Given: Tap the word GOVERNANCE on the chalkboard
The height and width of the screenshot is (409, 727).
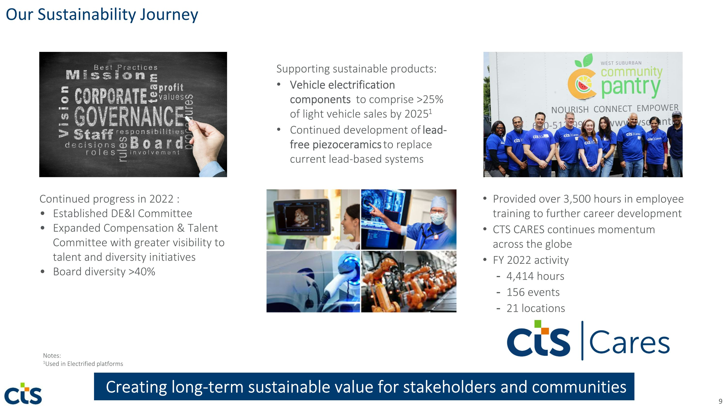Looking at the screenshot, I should pyautogui.click(x=129, y=116).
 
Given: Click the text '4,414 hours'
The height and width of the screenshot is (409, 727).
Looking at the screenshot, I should pyautogui.click(x=535, y=276).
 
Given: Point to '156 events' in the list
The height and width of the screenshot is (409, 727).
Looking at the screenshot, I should pyautogui.click(x=533, y=292).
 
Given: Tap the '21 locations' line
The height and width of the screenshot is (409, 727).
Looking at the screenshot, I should pyautogui.click(x=535, y=308).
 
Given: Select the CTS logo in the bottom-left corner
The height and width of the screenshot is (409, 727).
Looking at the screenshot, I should pyautogui.click(x=23, y=393).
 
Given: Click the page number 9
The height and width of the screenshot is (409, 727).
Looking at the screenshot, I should pyautogui.click(x=720, y=401).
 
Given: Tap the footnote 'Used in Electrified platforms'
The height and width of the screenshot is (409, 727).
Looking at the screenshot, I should pyautogui.click(x=84, y=364).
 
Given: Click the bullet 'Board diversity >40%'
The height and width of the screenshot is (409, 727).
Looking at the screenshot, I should pyautogui.click(x=104, y=272).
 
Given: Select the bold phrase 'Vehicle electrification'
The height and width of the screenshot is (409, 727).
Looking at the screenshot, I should pyautogui.click(x=342, y=85).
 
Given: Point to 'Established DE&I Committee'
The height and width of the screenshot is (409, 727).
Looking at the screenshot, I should pyautogui.click(x=122, y=213).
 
